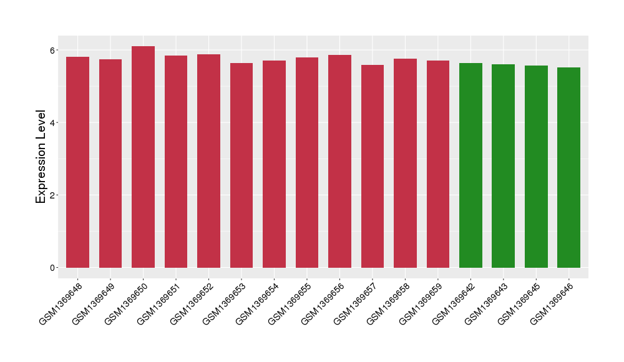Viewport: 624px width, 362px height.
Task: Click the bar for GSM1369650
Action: pyautogui.click(x=143, y=157)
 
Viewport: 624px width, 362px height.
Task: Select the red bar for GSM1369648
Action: pyautogui.click(x=77, y=162)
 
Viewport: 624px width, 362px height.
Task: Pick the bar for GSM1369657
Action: pyautogui.click(x=373, y=166)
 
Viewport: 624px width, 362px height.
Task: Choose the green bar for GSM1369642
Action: pyautogui.click(x=470, y=165)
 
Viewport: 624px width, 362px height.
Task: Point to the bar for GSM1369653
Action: pyautogui.click(x=241, y=165)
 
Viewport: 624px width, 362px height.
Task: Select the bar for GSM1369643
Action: pyautogui.click(x=503, y=166)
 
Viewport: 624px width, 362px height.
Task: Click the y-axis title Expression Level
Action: pyautogui.click(x=41, y=157)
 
